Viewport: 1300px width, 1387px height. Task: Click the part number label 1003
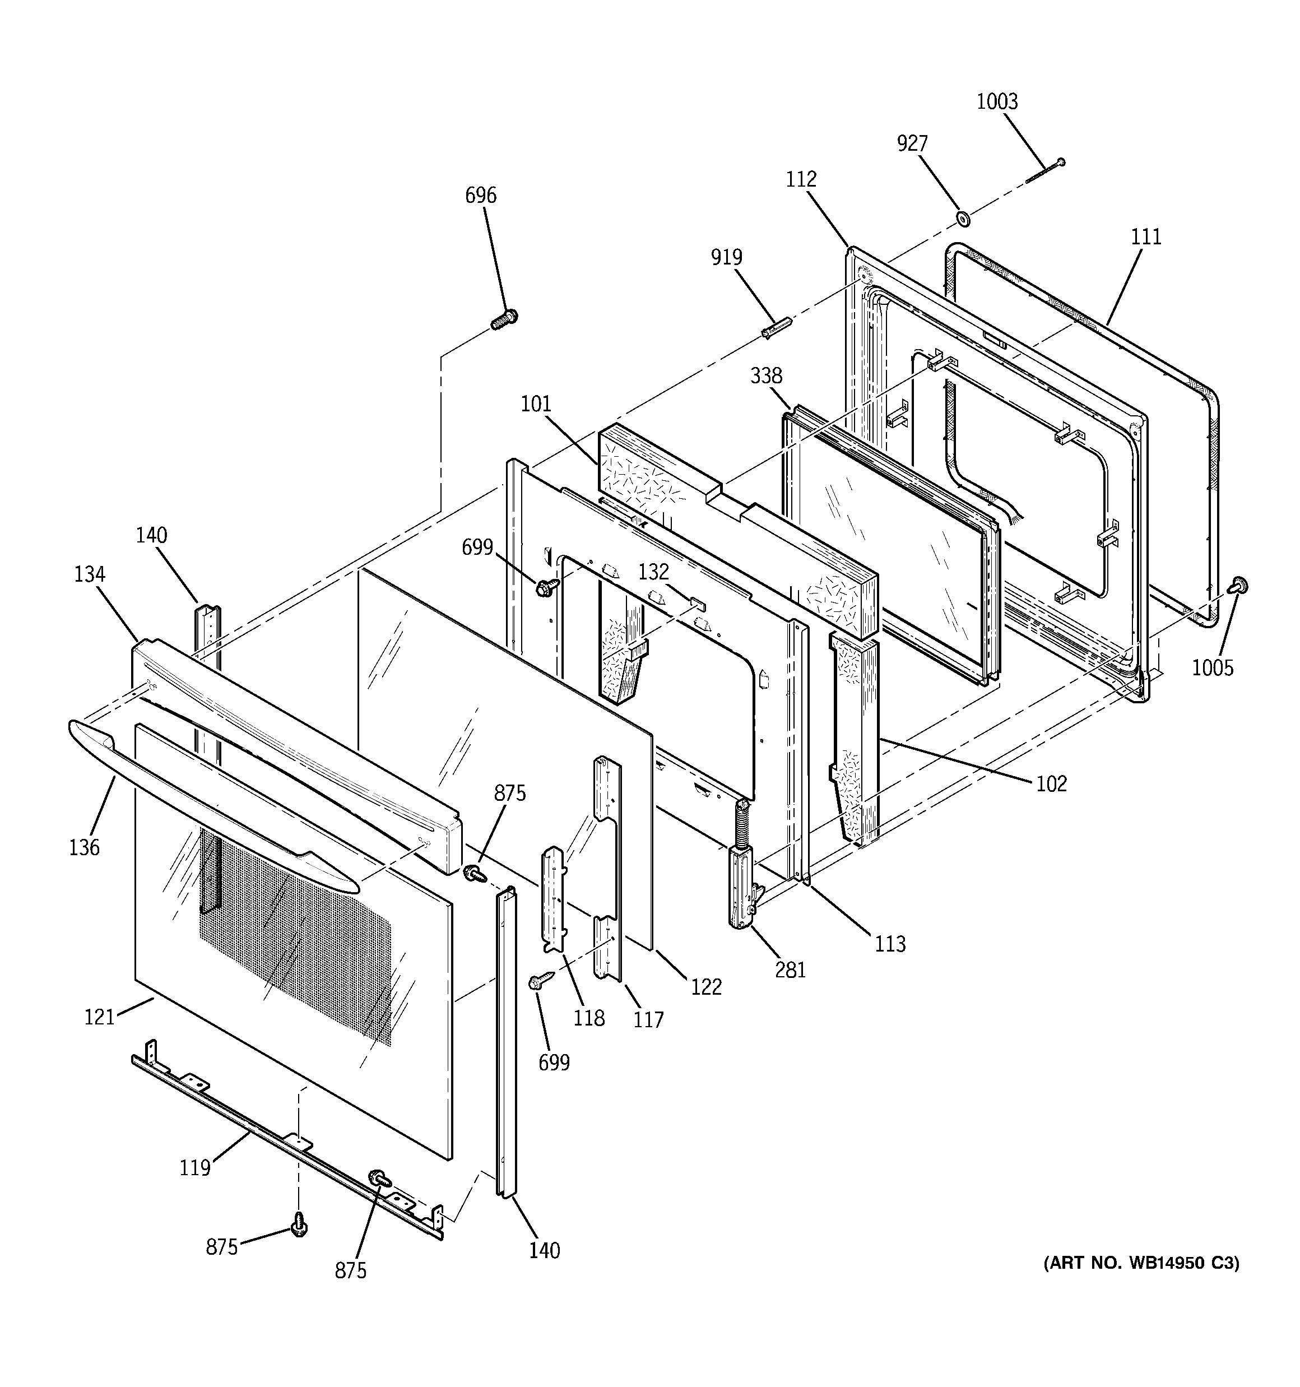click(x=996, y=102)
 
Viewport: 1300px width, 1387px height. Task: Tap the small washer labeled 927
click(x=964, y=220)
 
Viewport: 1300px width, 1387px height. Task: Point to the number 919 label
click(x=726, y=257)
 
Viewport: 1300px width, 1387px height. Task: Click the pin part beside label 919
click(x=777, y=327)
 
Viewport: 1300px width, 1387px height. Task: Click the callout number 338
click(x=766, y=376)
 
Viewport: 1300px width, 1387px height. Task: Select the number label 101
click(x=536, y=404)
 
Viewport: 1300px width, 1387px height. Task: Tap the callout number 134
click(x=89, y=574)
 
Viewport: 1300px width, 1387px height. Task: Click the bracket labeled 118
click(x=555, y=899)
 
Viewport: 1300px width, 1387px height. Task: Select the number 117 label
click(x=648, y=1020)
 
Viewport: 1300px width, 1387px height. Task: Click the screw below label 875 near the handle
click(x=475, y=872)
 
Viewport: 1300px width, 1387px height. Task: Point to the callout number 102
click(x=1051, y=784)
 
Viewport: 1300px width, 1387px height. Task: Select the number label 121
click(x=99, y=1017)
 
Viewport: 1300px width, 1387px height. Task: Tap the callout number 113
click(x=890, y=944)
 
